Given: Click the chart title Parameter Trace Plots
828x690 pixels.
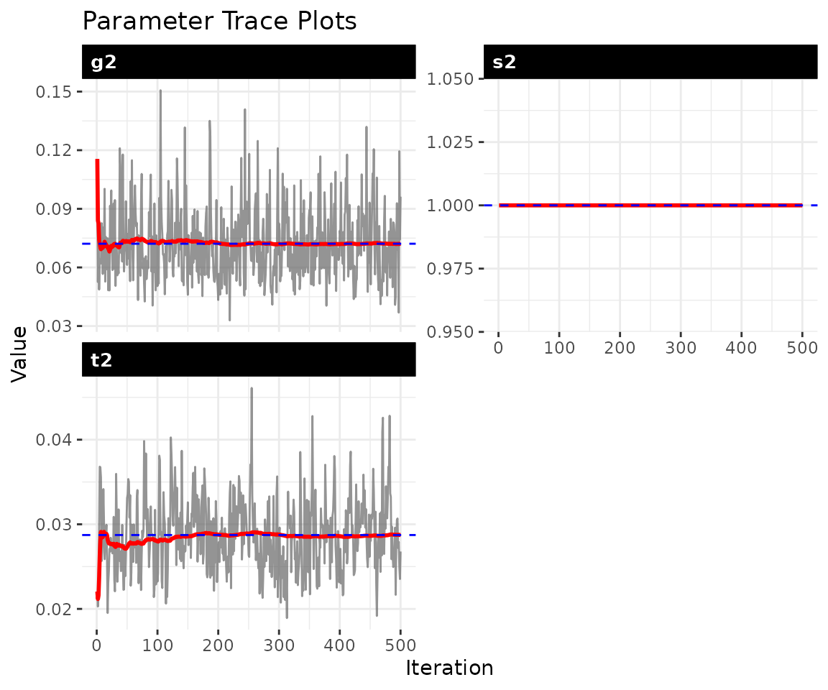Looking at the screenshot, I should [219, 21].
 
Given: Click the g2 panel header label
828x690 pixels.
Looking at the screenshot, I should [103, 63].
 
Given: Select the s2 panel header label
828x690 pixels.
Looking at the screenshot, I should [504, 63].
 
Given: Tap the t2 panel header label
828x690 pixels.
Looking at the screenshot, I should [101, 360].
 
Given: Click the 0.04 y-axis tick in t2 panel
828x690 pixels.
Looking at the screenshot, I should [54, 439].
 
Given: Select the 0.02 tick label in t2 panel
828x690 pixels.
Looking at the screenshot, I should [54, 609].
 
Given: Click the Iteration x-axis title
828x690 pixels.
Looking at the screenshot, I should [449, 668].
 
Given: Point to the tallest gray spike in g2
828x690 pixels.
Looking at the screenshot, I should [160, 91].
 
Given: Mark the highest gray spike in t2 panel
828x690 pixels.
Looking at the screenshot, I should [252, 388].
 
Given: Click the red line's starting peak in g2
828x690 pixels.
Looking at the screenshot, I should [97, 161].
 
